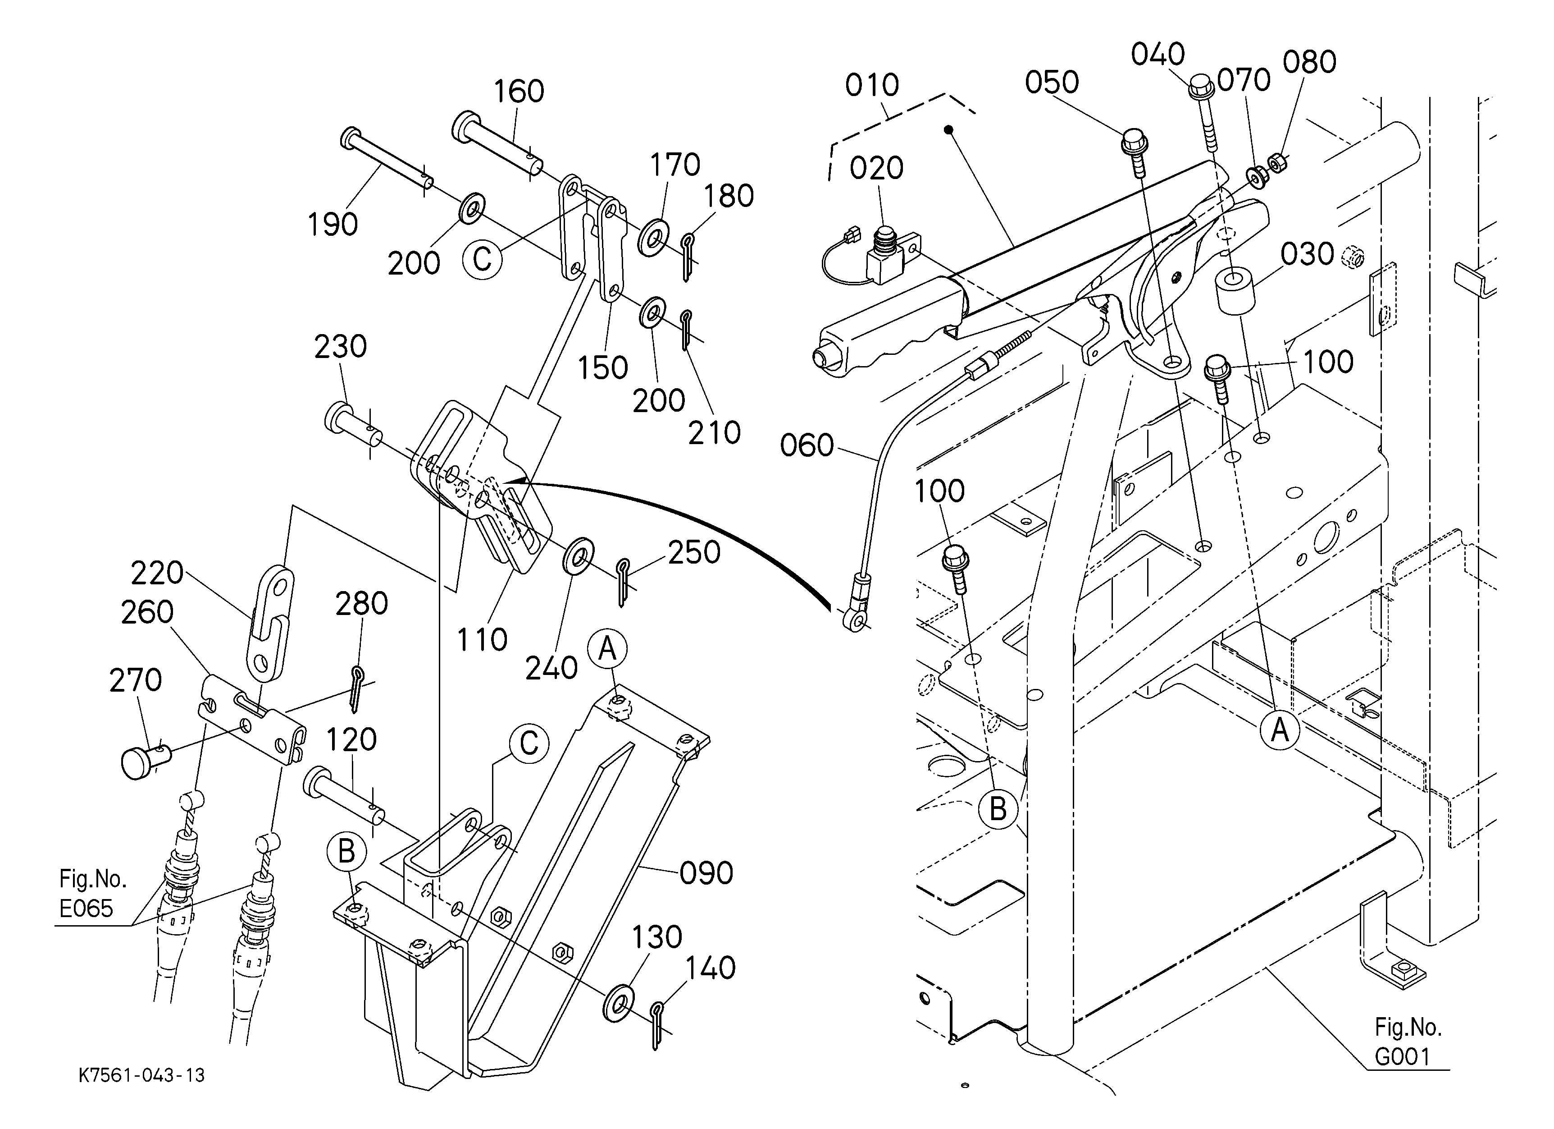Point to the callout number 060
point(807,445)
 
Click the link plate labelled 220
point(270,624)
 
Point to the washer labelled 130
point(619,1004)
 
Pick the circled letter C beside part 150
point(483,260)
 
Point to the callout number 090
point(706,872)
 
